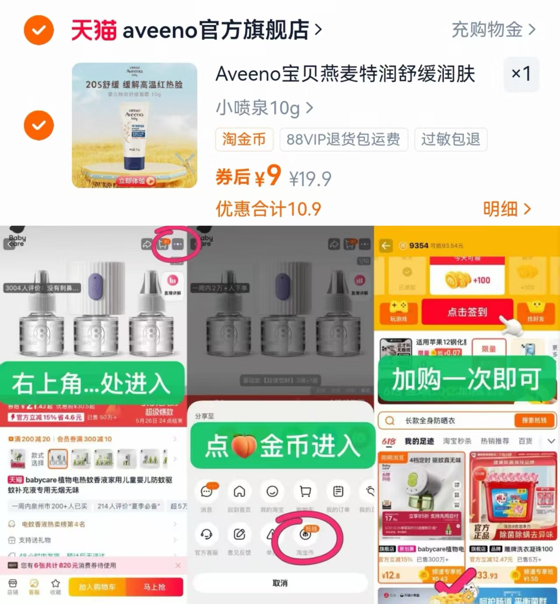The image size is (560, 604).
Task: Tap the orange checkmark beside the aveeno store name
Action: click(39, 30)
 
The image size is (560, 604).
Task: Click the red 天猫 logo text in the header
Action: click(94, 30)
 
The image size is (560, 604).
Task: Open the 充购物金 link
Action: click(493, 30)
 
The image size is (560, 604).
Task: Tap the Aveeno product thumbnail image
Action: click(134, 125)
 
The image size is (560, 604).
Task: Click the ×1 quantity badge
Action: click(521, 74)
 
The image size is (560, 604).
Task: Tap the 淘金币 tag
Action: click(244, 139)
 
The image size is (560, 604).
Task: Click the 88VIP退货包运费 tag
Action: click(343, 139)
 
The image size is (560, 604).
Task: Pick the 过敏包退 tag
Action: click(451, 139)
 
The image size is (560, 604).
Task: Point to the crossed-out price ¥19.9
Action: click(310, 179)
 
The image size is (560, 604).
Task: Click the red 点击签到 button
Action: click(467, 312)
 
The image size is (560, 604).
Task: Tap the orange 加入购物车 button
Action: click(97, 587)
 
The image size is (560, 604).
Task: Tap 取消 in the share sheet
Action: click(280, 583)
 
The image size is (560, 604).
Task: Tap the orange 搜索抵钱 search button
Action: click(534, 420)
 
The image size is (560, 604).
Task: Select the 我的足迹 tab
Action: click(419, 441)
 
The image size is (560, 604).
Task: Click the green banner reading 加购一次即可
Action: click(466, 379)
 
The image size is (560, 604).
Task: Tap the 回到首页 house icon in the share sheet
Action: click(239, 492)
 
